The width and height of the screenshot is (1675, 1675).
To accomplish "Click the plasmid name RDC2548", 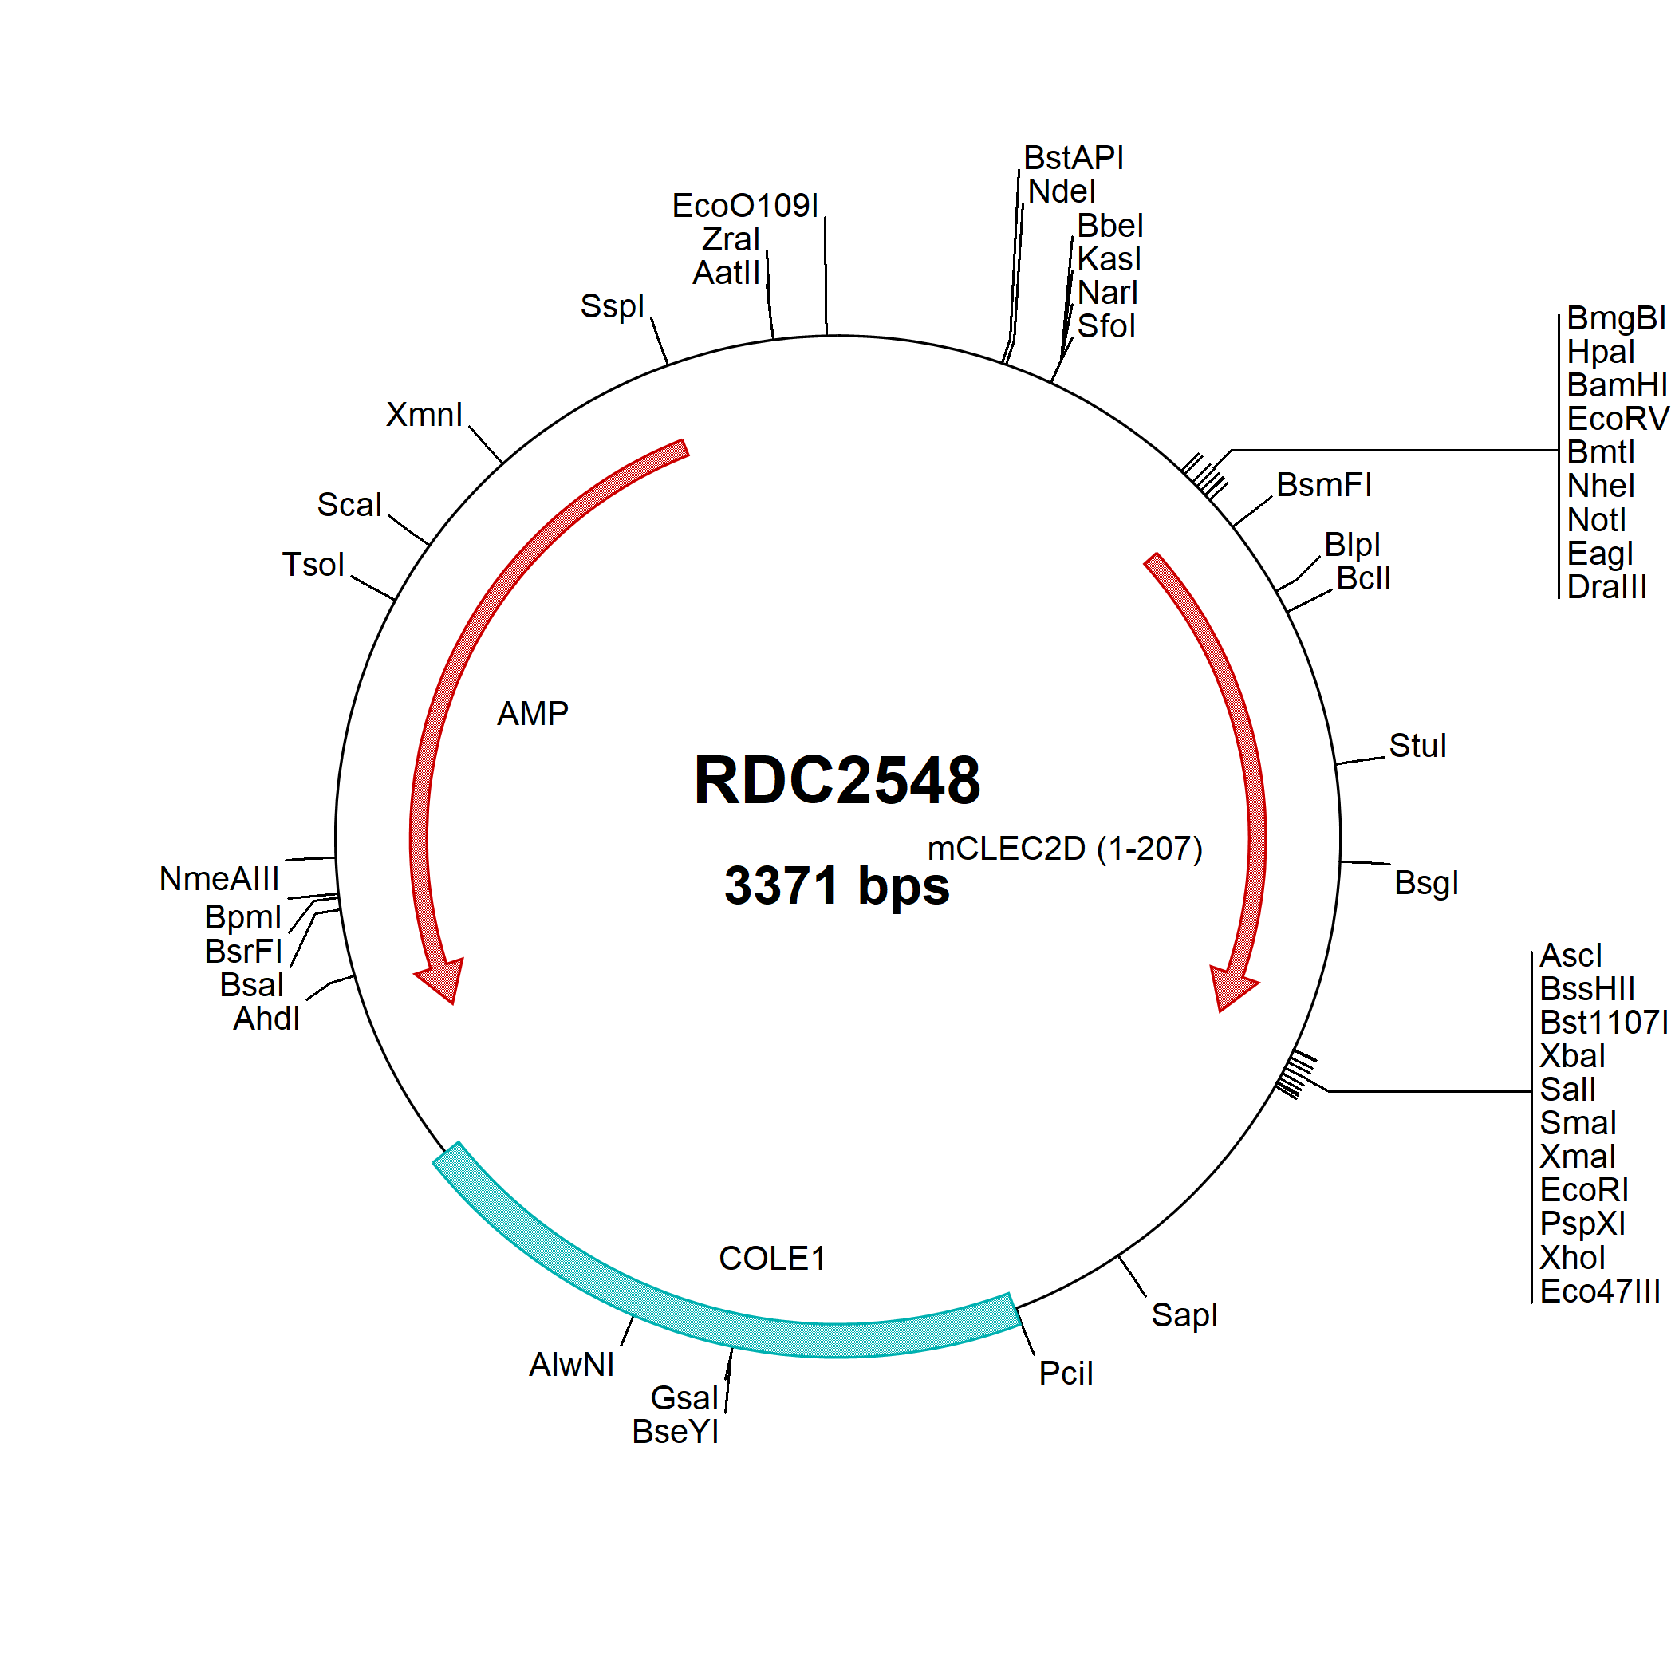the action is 837,780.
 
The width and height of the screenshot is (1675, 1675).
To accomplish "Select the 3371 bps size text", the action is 837,886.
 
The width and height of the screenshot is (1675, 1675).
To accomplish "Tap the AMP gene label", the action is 532,714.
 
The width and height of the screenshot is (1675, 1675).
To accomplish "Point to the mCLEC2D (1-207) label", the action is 1065,849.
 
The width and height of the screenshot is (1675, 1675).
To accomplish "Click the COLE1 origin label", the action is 772,1259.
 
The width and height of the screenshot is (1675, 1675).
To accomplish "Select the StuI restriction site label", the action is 1417,746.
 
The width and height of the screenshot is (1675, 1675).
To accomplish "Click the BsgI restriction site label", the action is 1426,884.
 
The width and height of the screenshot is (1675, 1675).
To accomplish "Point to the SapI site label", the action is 1184,1315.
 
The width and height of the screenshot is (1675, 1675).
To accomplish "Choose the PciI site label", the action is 1066,1373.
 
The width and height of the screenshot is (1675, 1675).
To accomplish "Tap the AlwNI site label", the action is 571,1365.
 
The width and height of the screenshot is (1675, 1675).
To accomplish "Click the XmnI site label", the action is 424,415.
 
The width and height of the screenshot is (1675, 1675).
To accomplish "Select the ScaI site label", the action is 349,505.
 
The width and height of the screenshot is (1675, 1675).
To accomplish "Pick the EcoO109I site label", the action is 745,206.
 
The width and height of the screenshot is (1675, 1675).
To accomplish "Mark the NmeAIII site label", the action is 219,879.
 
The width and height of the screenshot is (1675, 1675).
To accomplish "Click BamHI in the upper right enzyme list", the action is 1617,385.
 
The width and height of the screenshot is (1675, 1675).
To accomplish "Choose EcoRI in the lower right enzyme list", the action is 1584,1190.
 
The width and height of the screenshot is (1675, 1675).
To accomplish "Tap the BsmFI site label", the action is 1324,486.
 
